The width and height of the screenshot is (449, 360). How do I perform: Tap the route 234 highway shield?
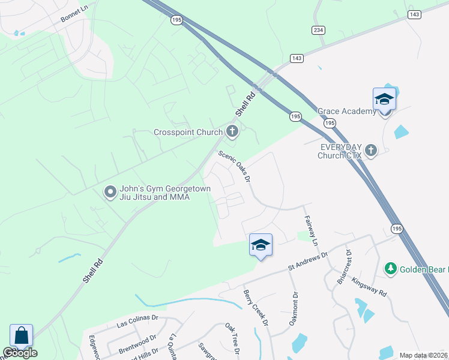click(318, 30)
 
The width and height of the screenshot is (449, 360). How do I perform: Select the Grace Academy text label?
click(346, 111)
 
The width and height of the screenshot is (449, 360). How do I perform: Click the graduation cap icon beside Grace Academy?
click(384, 98)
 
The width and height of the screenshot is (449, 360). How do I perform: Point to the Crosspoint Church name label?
click(188, 132)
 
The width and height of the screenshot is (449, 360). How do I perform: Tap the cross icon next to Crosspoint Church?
click(232, 131)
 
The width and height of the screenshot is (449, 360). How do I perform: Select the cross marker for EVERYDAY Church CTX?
click(371, 150)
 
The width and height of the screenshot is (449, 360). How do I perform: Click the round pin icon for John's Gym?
click(110, 192)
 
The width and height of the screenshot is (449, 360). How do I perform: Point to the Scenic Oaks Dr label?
click(234, 166)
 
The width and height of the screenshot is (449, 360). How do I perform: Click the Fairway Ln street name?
click(310, 231)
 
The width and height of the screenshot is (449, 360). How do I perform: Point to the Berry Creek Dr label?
click(255, 308)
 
